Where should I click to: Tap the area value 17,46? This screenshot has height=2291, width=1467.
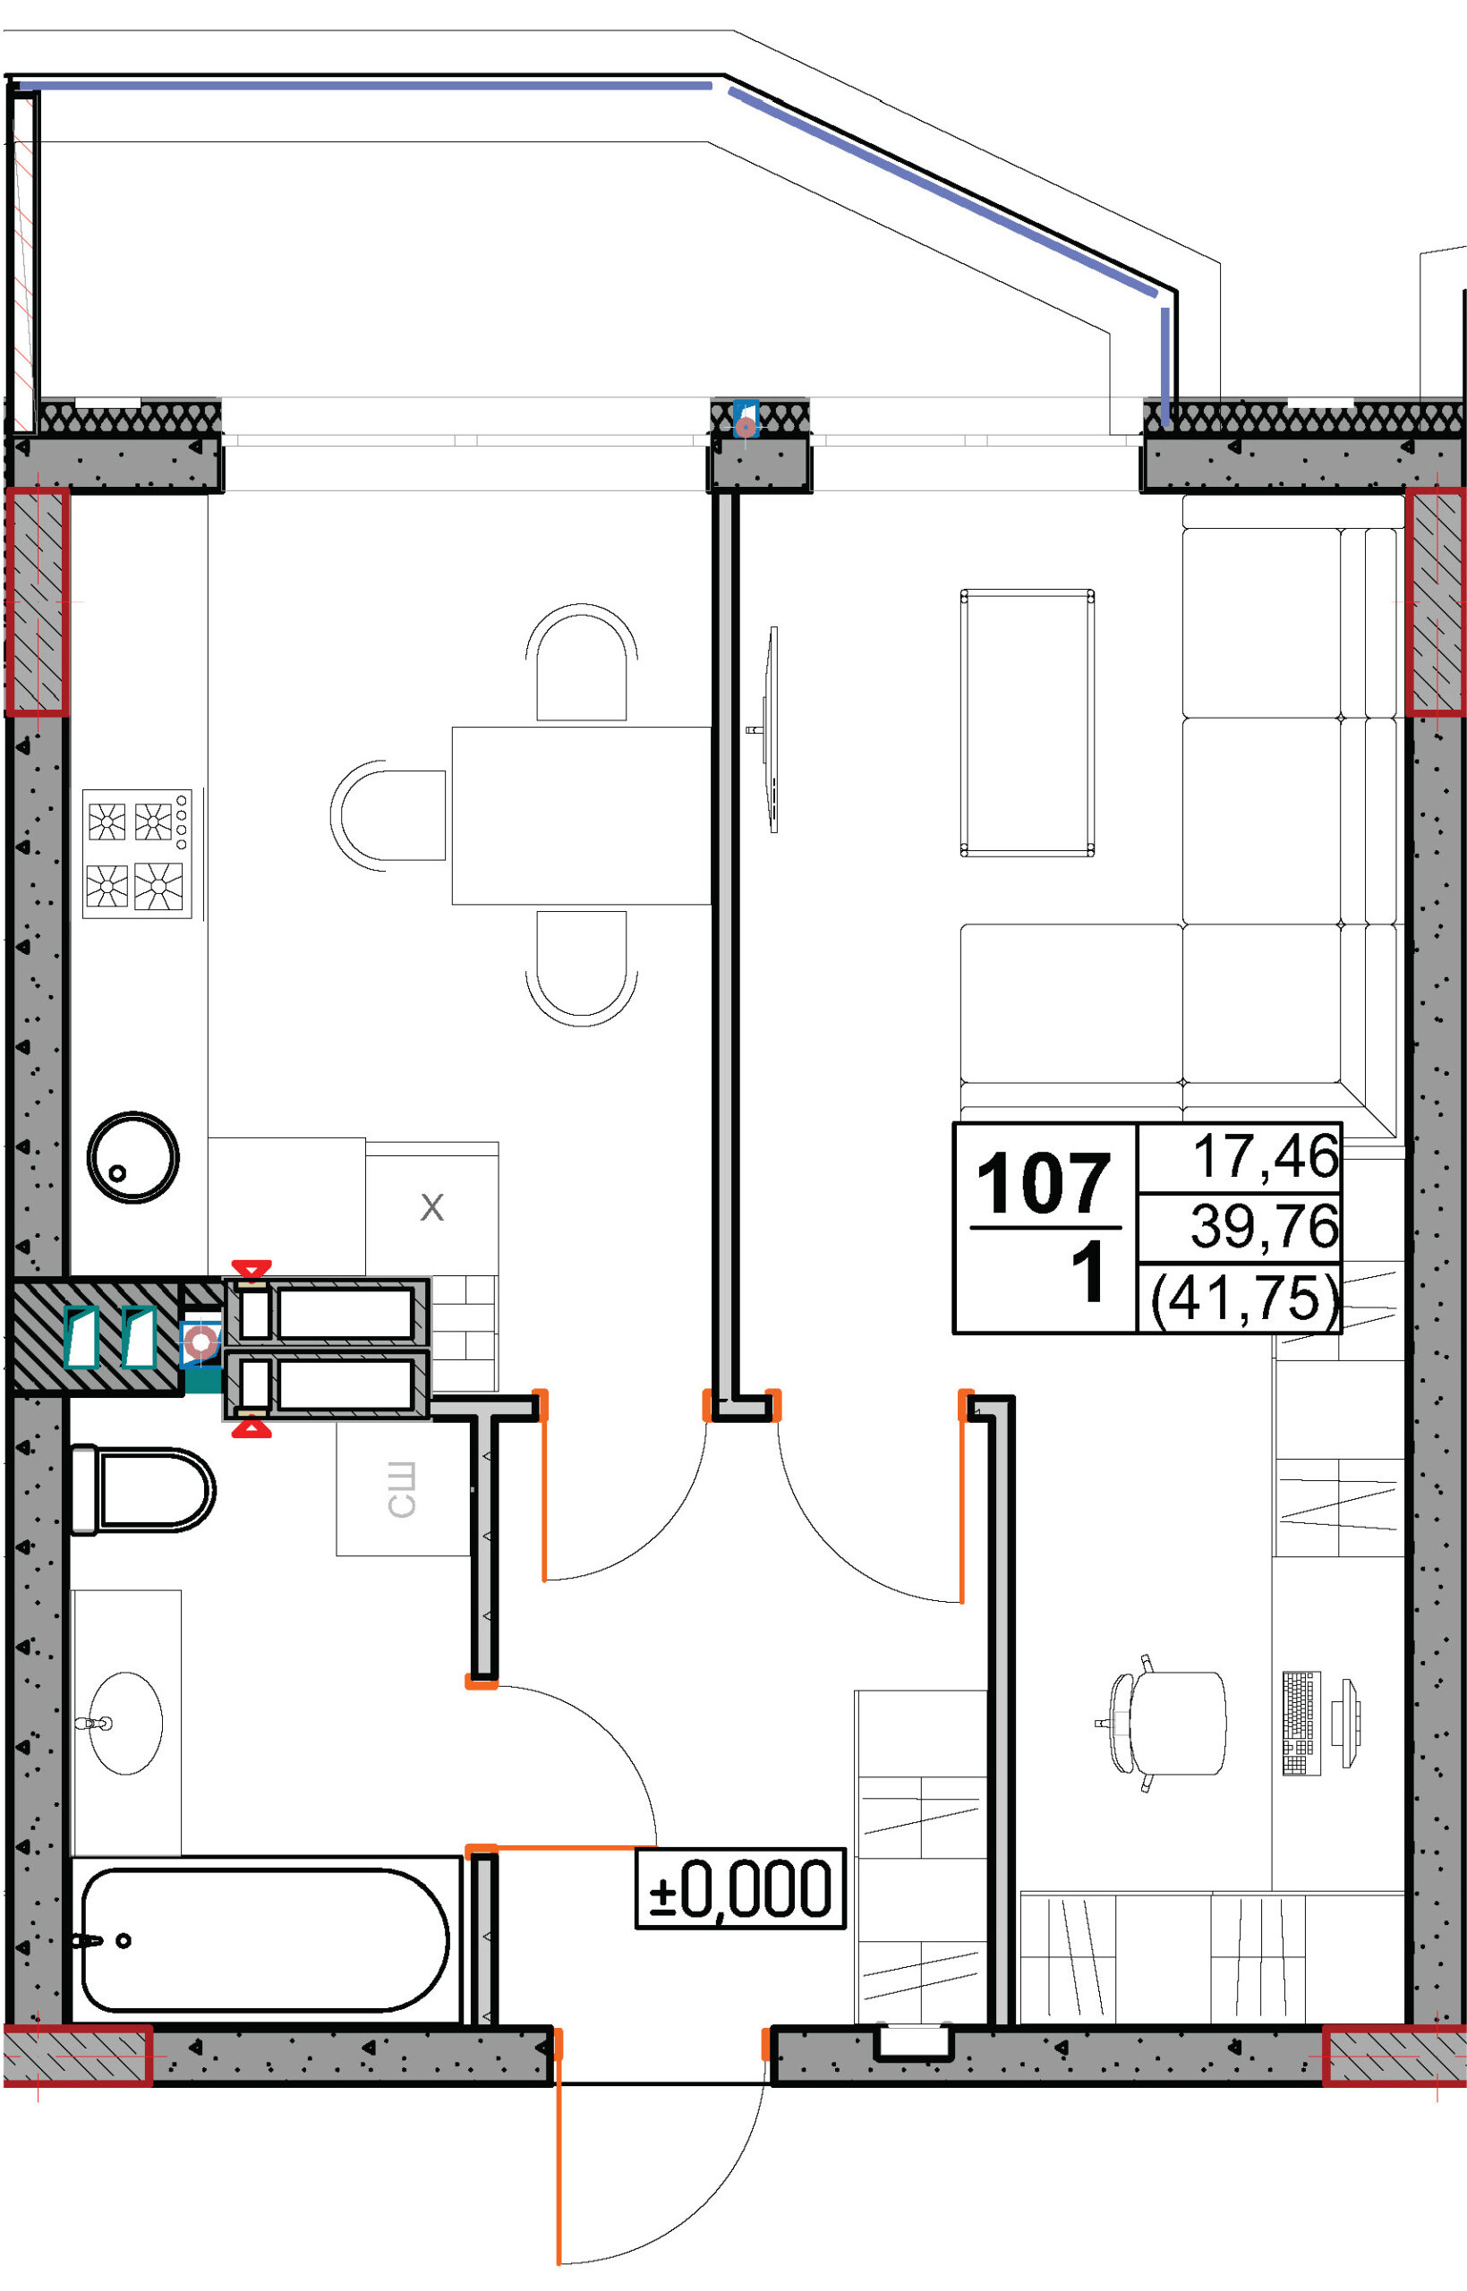click(x=1265, y=1156)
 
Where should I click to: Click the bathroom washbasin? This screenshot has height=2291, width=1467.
click(x=125, y=1723)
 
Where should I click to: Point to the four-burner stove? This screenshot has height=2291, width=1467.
click(x=137, y=854)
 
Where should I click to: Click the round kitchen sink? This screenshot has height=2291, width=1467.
click(x=133, y=1157)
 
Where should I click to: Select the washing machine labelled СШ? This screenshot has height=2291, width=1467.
click(x=403, y=1489)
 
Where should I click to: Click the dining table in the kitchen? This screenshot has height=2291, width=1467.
click(x=581, y=815)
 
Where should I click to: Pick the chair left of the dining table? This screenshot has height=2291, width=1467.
click(x=388, y=815)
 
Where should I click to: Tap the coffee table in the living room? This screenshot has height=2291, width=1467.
click(x=1027, y=724)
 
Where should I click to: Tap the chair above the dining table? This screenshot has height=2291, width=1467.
click(x=581, y=661)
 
